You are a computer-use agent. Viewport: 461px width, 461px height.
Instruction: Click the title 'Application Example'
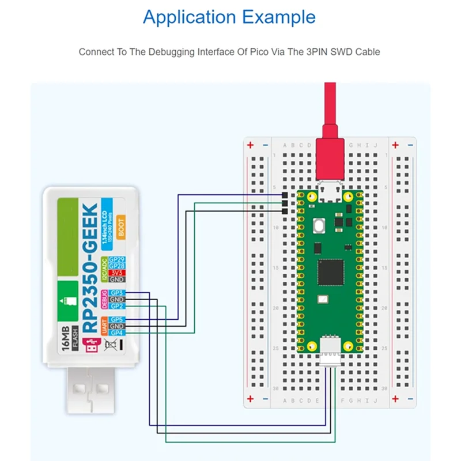click(x=229, y=17)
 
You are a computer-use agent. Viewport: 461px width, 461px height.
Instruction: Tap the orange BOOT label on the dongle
click(x=121, y=225)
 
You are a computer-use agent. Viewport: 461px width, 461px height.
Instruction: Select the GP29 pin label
click(x=117, y=260)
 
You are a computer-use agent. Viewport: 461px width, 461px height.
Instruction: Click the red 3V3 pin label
click(x=117, y=273)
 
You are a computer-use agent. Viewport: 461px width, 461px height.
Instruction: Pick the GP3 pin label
click(x=117, y=293)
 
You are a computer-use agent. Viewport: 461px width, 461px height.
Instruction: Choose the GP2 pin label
click(x=117, y=307)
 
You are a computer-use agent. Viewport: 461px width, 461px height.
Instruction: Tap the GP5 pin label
click(x=117, y=320)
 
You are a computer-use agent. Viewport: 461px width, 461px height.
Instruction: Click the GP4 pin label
click(x=117, y=332)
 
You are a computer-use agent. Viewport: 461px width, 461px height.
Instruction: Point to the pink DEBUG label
click(x=105, y=300)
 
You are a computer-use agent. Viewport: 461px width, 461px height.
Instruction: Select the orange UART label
click(x=105, y=326)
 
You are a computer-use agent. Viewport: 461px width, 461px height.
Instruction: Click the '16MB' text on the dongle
click(x=66, y=340)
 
